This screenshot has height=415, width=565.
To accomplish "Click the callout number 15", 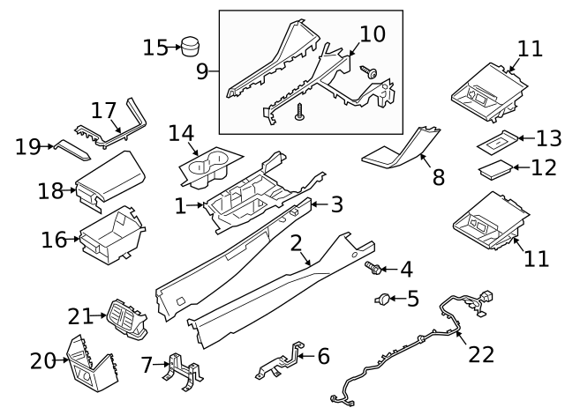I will [x=155, y=47].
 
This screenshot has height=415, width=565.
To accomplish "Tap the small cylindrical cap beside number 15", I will [x=190, y=46].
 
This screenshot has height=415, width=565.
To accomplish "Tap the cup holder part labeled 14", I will [x=210, y=167].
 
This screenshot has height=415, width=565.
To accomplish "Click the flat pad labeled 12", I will [x=496, y=168].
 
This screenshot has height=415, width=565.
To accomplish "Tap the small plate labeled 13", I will [x=500, y=140].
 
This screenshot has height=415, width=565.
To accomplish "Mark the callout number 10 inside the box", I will [x=373, y=33].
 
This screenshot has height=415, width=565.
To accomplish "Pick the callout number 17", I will [x=103, y=111].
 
